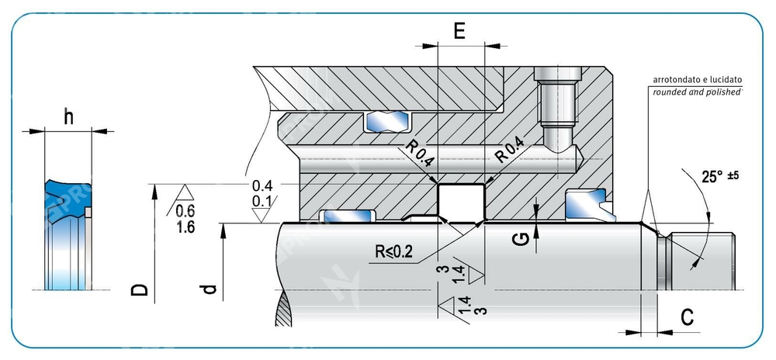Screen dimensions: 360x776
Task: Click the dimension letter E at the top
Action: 459,31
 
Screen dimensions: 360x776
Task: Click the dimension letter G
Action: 525,240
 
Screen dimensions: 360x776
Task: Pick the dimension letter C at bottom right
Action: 687,317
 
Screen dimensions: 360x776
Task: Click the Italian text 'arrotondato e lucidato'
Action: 698,79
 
